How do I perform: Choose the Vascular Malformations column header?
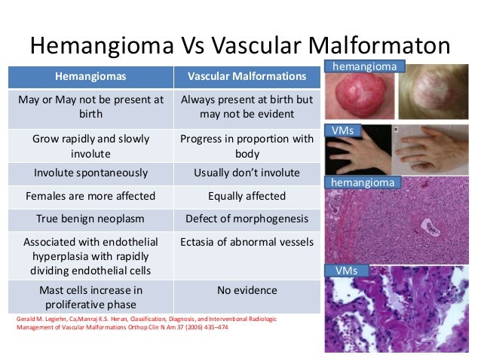point(247,77)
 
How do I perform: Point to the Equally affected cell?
point(247,196)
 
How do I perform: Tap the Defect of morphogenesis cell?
point(247,219)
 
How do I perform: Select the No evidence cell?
point(247,290)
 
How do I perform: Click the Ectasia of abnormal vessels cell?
point(247,243)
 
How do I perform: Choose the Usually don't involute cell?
point(247,173)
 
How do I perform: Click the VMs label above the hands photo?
point(344,130)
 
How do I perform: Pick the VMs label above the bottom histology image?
point(344,270)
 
